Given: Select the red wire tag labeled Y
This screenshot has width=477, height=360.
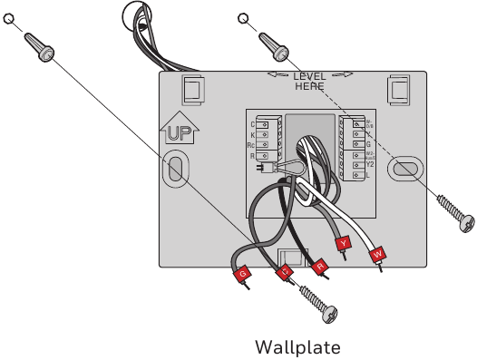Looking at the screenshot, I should [344, 244].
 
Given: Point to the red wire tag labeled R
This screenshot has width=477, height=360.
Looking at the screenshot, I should [319, 266].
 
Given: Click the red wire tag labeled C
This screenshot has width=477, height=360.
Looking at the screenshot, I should [285, 271].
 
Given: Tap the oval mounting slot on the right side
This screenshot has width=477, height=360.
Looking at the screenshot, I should [404, 169].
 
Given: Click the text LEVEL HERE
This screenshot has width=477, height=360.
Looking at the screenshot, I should [308, 80].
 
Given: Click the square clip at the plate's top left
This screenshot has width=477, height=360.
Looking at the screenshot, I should [191, 89].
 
